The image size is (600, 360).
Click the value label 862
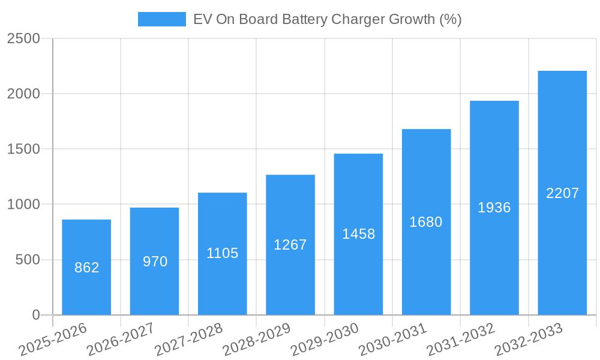(86, 268)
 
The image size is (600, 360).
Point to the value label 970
(155, 262)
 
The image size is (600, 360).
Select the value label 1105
(223, 253)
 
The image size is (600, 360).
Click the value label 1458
(358, 234)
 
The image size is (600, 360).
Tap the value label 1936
(494, 208)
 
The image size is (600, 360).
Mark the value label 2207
(562, 193)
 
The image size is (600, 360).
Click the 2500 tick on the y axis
(23, 38)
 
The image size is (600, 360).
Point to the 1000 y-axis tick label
(23, 205)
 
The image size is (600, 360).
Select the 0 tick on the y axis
(35, 315)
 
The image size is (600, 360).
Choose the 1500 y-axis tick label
(23, 149)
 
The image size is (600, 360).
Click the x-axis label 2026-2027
(121, 340)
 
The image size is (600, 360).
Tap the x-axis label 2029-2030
(325, 340)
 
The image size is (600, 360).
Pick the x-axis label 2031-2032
(461, 340)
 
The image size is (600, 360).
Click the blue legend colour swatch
(162, 19)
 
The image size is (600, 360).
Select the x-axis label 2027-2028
(188, 340)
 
